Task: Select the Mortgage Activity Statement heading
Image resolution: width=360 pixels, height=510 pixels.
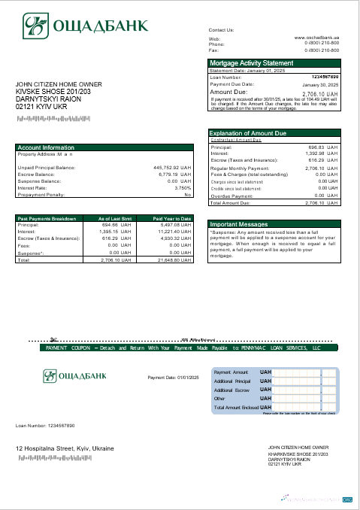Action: coord(251,63)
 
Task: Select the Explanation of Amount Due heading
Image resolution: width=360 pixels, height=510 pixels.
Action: coord(253,133)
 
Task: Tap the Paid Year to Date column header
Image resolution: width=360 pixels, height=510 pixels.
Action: coord(172,218)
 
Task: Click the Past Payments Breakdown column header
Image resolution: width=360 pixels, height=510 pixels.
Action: coord(47,218)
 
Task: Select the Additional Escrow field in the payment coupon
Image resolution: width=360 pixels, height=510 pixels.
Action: coord(232,390)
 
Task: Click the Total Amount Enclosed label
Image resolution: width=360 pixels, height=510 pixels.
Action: coord(236,407)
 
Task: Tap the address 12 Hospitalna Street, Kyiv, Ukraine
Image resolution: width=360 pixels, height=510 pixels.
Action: coord(65,448)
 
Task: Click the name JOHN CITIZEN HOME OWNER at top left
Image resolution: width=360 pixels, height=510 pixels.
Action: coord(59,84)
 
